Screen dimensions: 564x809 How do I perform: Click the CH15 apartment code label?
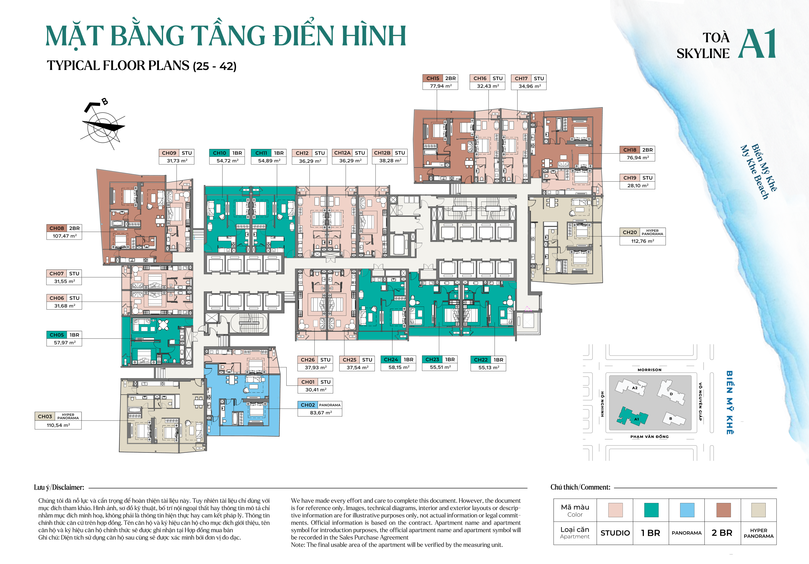click(x=433, y=78)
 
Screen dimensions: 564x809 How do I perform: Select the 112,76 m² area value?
click(x=642, y=241)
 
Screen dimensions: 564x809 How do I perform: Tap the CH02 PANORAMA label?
click(x=319, y=405)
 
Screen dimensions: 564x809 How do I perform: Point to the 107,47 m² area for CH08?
click(x=64, y=236)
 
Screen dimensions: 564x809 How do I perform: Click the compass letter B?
click(x=105, y=102)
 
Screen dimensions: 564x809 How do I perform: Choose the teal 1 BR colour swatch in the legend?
click(x=651, y=510)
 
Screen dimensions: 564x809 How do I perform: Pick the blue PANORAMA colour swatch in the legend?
click(x=687, y=510)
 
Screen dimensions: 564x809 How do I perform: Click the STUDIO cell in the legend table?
click(x=615, y=533)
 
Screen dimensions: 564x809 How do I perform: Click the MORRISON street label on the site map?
click(x=649, y=370)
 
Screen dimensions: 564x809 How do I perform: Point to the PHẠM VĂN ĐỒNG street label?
click(x=649, y=436)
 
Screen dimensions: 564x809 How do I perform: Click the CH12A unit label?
click(x=342, y=153)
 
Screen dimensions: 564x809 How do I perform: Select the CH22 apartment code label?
click(x=481, y=360)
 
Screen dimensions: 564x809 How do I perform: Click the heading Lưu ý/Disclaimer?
click(x=59, y=487)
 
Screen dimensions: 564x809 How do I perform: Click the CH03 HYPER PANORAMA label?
click(x=58, y=416)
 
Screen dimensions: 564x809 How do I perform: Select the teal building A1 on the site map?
click(x=632, y=417)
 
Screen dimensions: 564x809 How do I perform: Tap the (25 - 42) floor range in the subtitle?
click(x=215, y=66)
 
